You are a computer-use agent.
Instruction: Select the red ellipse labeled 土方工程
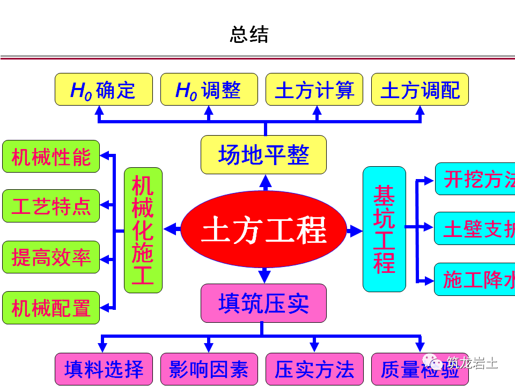(x=264, y=231)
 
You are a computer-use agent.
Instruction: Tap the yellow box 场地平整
(x=263, y=155)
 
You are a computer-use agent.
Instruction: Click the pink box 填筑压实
(x=263, y=303)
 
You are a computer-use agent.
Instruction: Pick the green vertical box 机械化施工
(x=143, y=231)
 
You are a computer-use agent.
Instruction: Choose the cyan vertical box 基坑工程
(x=384, y=229)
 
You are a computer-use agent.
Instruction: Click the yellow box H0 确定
(x=104, y=90)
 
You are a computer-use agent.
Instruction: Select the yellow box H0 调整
(x=209, y=90)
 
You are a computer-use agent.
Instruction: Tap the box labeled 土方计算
(x=314, y=90)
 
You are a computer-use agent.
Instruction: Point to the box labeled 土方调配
(x=420, y=90)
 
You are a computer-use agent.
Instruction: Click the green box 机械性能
(x=51, y=157)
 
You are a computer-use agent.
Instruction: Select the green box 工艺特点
(x=51, y=206)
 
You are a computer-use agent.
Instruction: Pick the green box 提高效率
(x=51, y=257)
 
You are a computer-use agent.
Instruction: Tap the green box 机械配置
(x=51, y=308)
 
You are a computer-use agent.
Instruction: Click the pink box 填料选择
(x=104, y=369)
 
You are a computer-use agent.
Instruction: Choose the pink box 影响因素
(x=209, y=369)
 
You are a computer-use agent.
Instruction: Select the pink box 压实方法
(x=314, y=369)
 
